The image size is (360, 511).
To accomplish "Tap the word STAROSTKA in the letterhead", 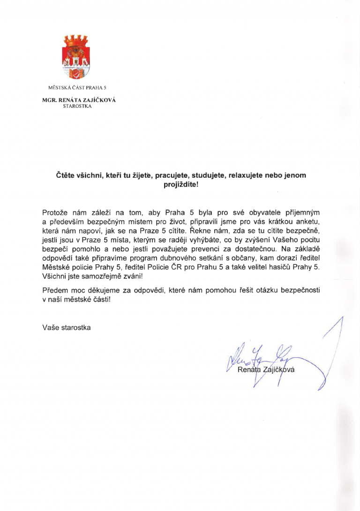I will [77, 106].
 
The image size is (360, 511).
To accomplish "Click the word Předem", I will [55, 290].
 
